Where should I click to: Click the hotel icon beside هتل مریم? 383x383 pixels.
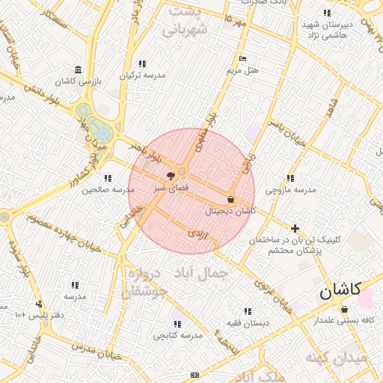click(x=241, y=58)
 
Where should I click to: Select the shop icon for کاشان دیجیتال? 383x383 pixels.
click(x=230, y=200)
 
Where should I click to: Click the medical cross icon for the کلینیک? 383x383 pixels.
click(x=295, y=227)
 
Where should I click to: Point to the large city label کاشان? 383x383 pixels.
click(x=340, y=290)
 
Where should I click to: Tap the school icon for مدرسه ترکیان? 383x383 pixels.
click(x=142, y=64)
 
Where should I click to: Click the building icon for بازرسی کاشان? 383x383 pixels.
click(x=79, y=70)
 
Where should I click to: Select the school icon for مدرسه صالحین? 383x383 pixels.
click(x=108, y=178)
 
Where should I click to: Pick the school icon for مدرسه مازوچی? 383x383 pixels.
click(x=290, y=178)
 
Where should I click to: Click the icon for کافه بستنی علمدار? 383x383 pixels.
click(x=344, y=309)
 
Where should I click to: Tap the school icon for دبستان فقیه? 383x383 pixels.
click(x=248, y=311)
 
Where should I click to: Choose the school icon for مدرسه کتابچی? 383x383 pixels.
click(x=177, y=324)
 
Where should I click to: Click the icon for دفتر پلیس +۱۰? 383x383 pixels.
click(x=38, y=304)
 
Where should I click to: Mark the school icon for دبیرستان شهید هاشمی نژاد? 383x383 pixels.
click(x=327, y=13)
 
